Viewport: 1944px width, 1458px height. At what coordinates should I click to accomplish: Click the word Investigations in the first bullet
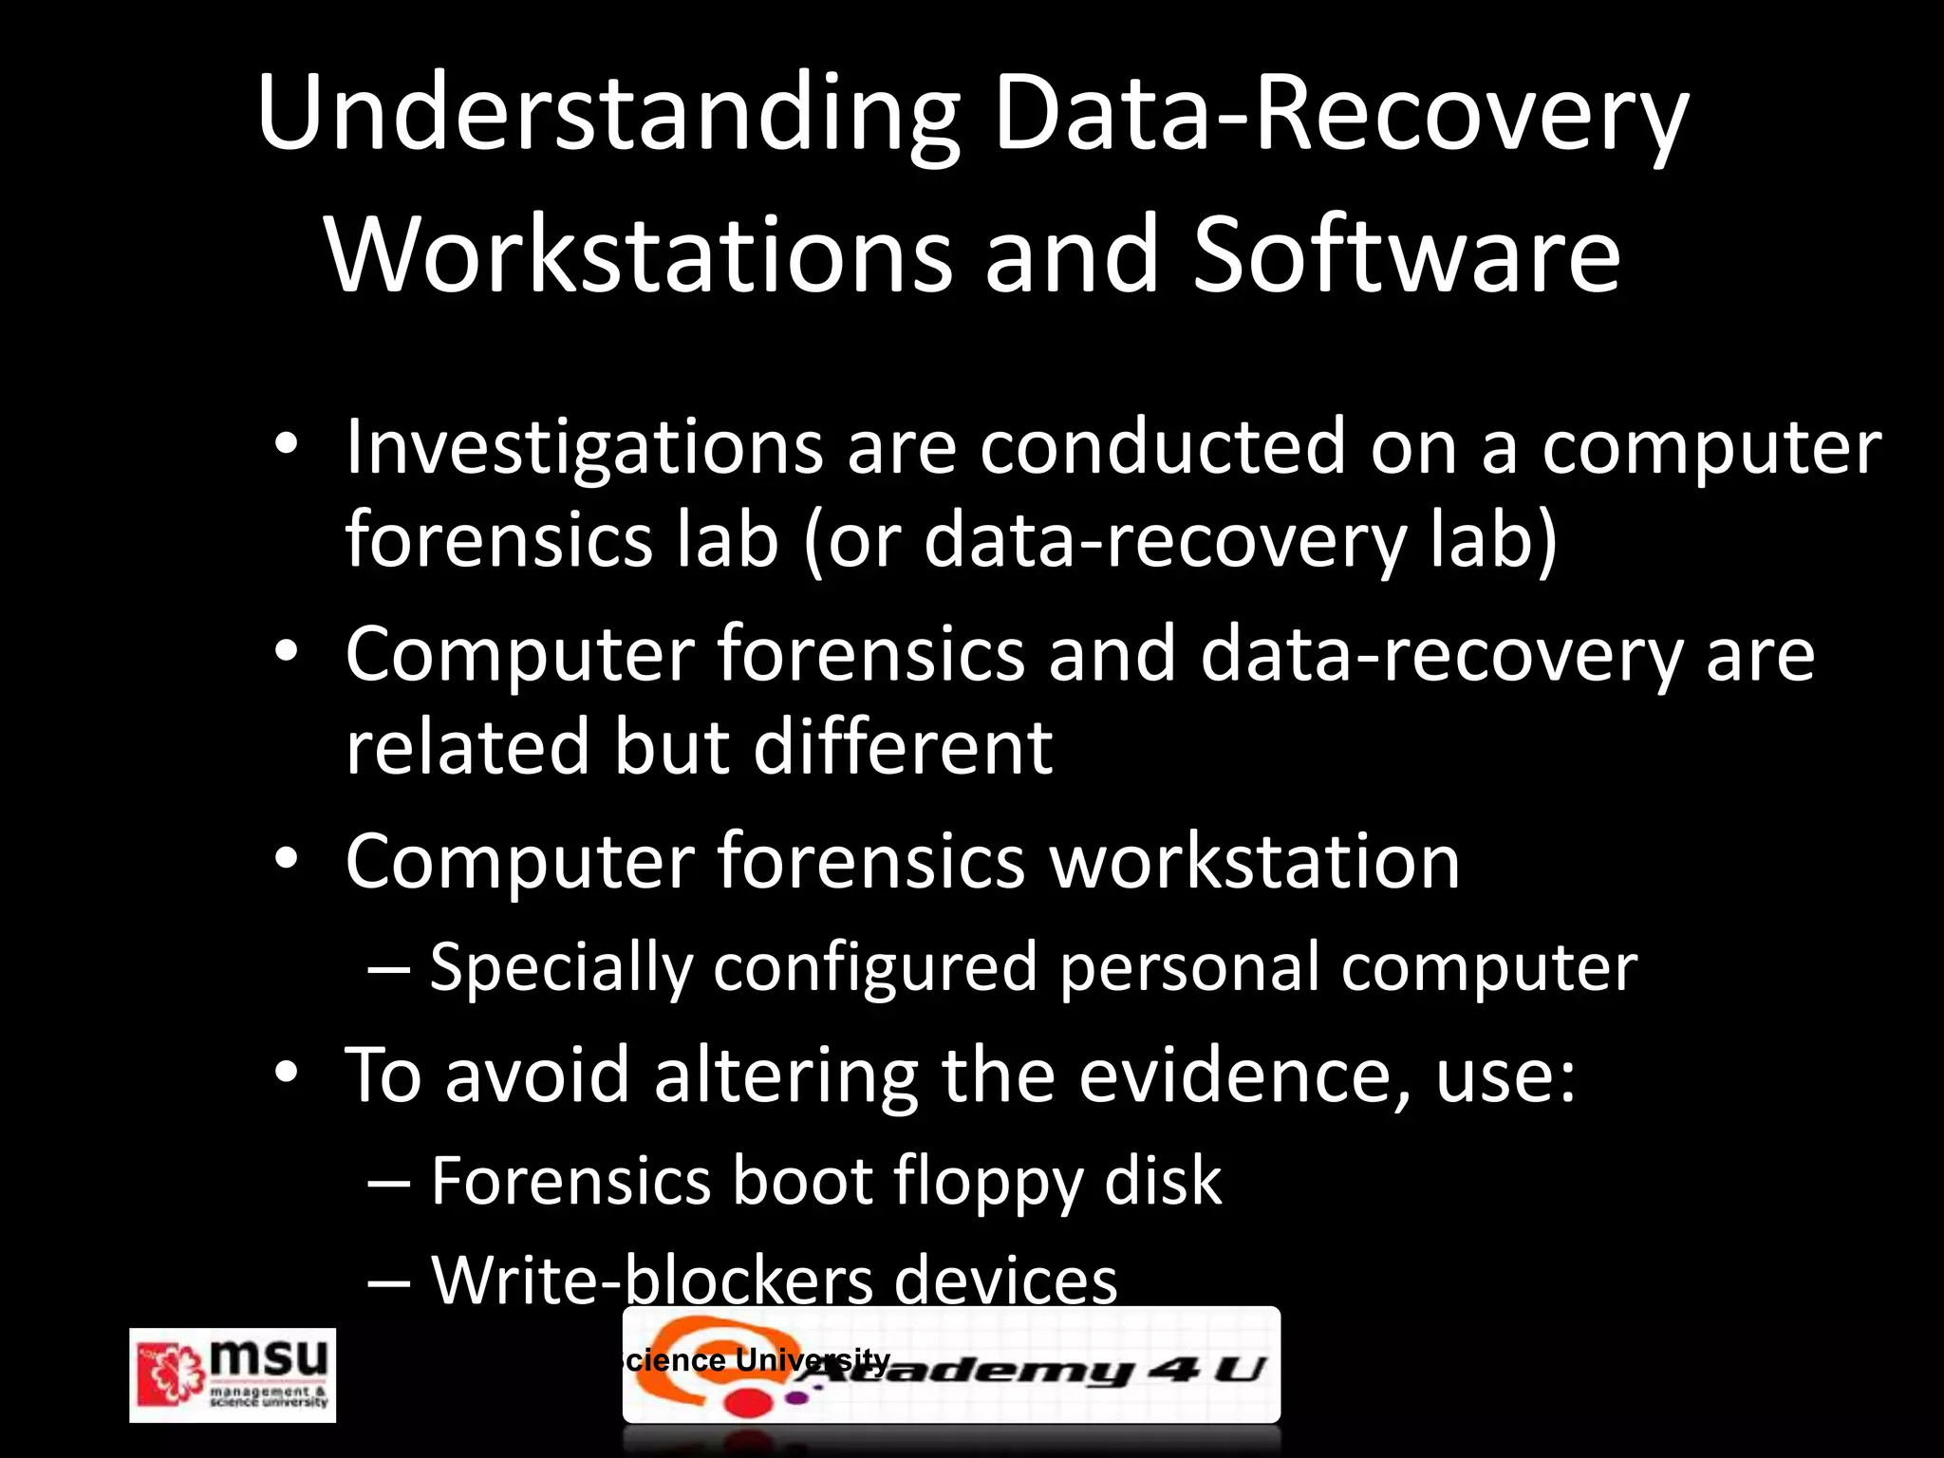pos(584,448)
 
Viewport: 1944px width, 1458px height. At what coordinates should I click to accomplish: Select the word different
pos(903,746)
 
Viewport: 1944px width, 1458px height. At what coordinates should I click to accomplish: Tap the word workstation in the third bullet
pos(1254,862)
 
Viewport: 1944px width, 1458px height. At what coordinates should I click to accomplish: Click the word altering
pos(786,1076)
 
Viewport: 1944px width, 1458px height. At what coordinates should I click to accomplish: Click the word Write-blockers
pos(652,1280)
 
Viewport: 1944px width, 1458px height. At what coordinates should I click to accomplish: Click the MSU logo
pos(233,1374)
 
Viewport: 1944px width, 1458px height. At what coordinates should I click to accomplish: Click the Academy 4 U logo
pos(951,1365)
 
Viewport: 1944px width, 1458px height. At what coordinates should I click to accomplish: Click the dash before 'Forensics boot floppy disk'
pos(389,1183)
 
